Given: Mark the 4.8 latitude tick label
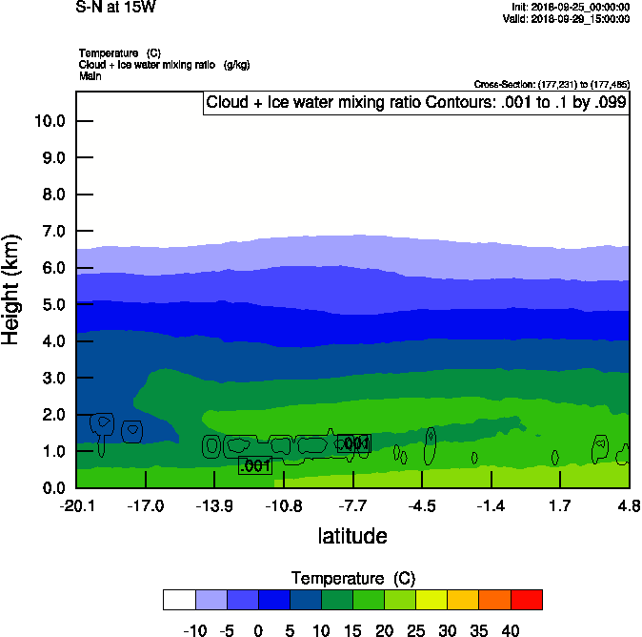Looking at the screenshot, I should coord(629,504).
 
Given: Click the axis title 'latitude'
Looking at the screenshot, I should coord(352,536).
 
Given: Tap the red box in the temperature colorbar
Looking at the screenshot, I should coord(527,599).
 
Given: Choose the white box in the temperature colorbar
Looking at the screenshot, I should coord(179,599).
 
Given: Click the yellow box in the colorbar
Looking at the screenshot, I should coord(431,599).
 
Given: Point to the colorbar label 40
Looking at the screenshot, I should coord(511,629).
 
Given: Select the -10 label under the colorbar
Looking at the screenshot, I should coord(195,629).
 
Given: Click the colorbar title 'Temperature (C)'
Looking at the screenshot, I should coord(352,579).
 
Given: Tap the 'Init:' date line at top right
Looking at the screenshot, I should coord(570,7).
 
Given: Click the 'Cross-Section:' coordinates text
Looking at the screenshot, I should coord(551,85).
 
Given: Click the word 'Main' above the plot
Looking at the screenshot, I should coord(90,74).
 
